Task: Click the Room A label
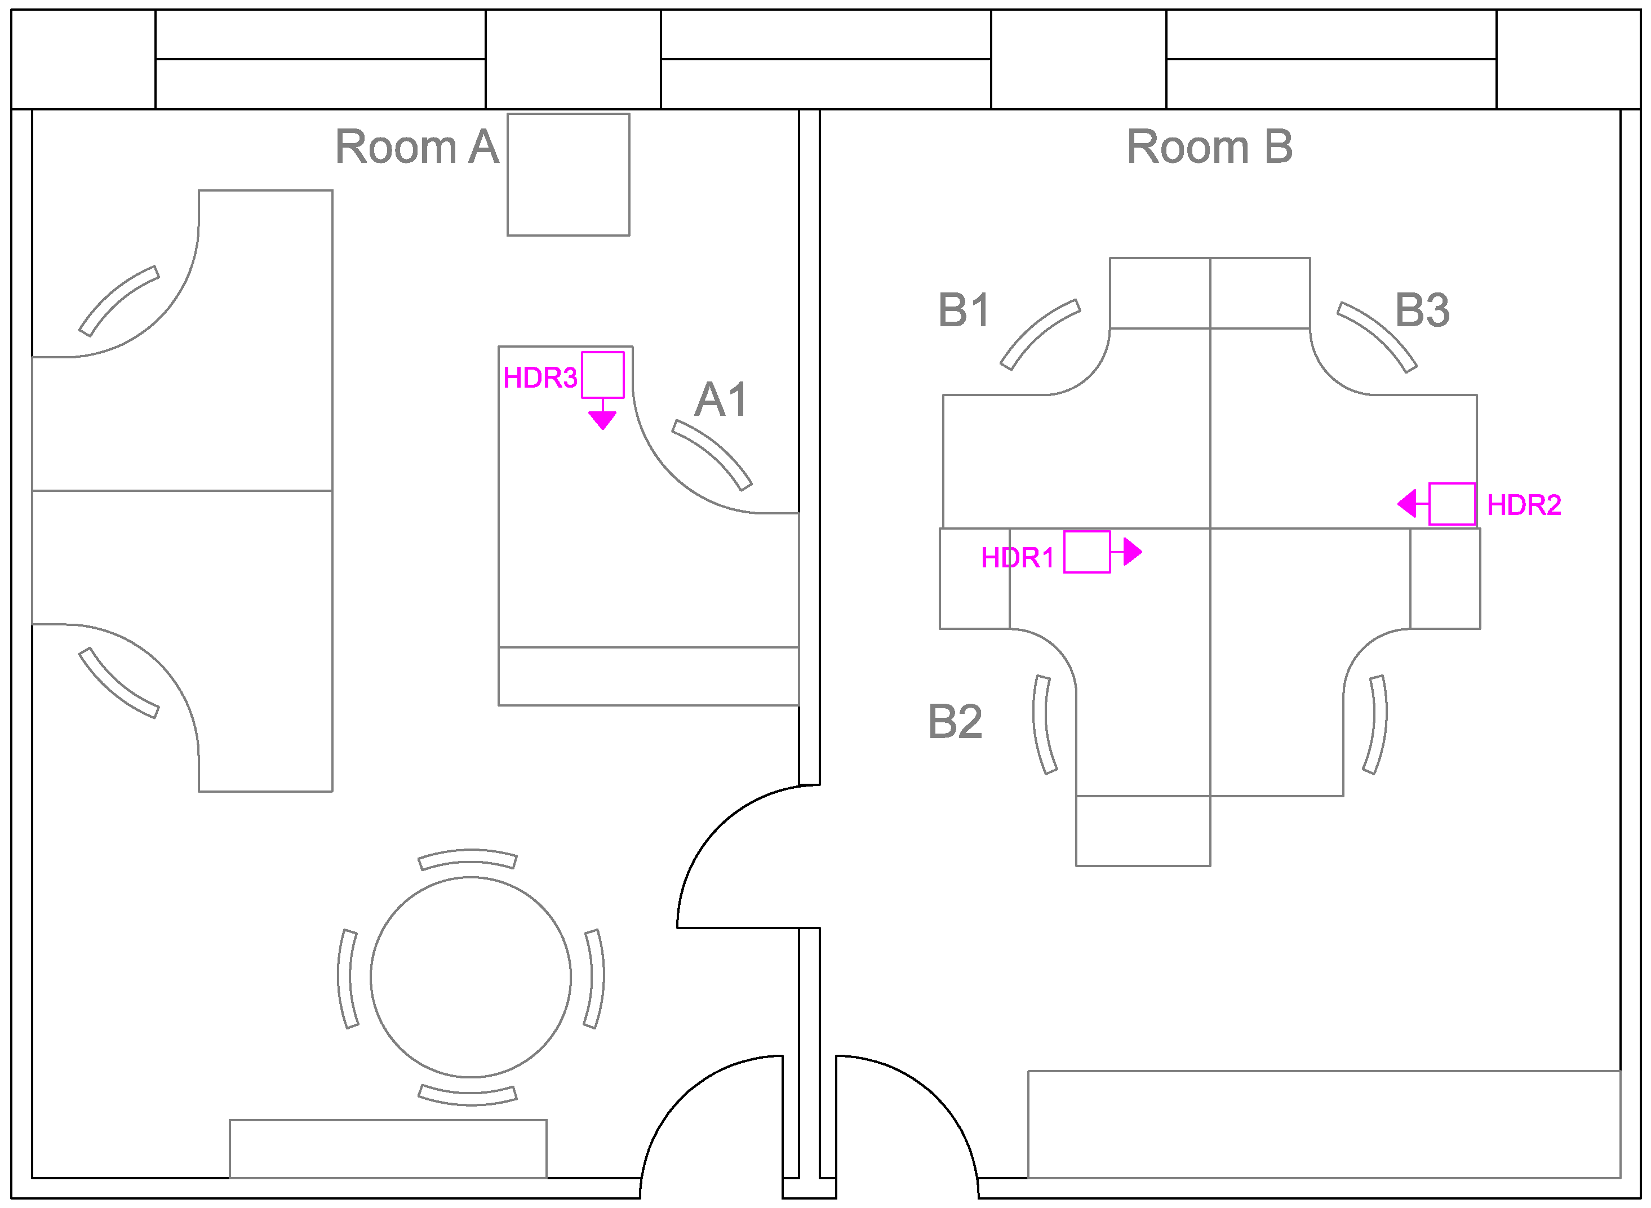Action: point(417,147)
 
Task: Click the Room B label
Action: point(1209,147)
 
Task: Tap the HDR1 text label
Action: point(1017,558)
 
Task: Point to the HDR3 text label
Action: point(540,378)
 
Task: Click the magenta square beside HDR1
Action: point(1086,552)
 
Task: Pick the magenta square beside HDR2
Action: point(1452,504)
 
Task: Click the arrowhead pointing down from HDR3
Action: point(602,420)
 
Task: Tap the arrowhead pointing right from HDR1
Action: point(1133,552)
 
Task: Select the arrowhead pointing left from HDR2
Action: point(1408,504)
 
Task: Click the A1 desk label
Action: point(720,400)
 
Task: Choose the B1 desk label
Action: point(964,310)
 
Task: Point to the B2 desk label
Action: point(954,722)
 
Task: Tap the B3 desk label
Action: point(1422,310)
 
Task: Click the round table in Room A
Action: point(470,977)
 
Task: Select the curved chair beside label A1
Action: point(712,454)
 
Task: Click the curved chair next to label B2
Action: point(1044,725)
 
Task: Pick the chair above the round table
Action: point(468,859)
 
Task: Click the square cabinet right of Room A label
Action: point(568,175)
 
